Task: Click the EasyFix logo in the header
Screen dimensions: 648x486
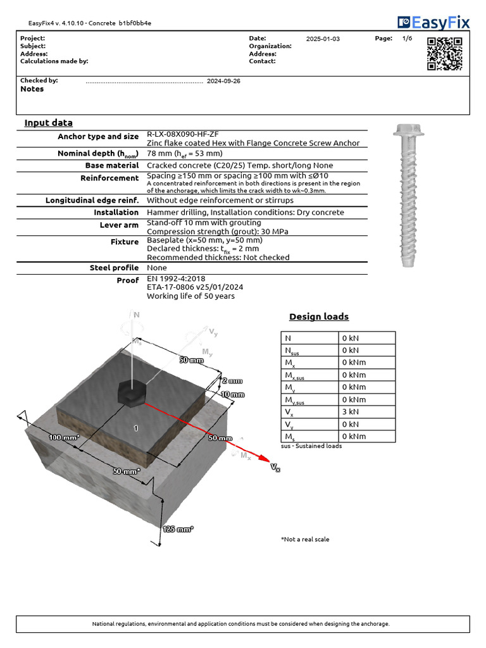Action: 434,23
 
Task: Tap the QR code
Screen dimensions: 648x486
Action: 444,53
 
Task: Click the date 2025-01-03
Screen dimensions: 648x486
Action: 323,39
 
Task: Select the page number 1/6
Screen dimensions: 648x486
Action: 407,39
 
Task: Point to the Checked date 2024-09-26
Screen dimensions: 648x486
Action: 223,81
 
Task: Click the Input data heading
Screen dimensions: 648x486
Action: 49,123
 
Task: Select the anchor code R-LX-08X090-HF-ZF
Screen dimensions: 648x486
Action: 183,135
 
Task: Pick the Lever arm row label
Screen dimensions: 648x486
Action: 119,225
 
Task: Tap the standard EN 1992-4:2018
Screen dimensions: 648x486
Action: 176,278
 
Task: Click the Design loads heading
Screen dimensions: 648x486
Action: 319,316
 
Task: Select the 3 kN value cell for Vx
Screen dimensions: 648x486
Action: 367,412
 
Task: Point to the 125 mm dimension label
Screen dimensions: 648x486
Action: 178,529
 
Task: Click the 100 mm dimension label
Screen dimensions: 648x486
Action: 63,437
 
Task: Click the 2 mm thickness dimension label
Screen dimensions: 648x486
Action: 232,381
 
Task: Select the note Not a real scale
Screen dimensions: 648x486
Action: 305,539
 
